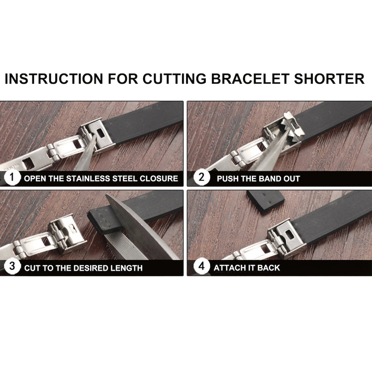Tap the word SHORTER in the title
pyautogui.click(x=329, y=79)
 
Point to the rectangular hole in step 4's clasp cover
pyautogui.click(x=290, y=235)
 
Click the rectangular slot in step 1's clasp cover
pyautogui.click(x=101, y=133)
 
